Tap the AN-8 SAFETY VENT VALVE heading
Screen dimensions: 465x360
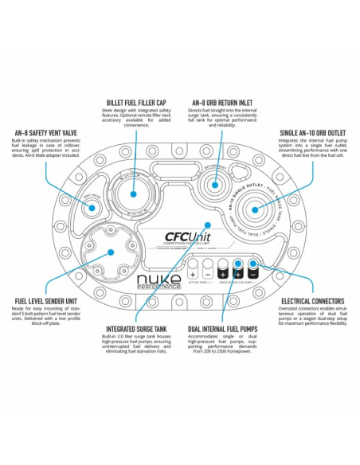[42, 133]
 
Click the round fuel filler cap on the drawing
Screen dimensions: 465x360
[132, 191]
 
